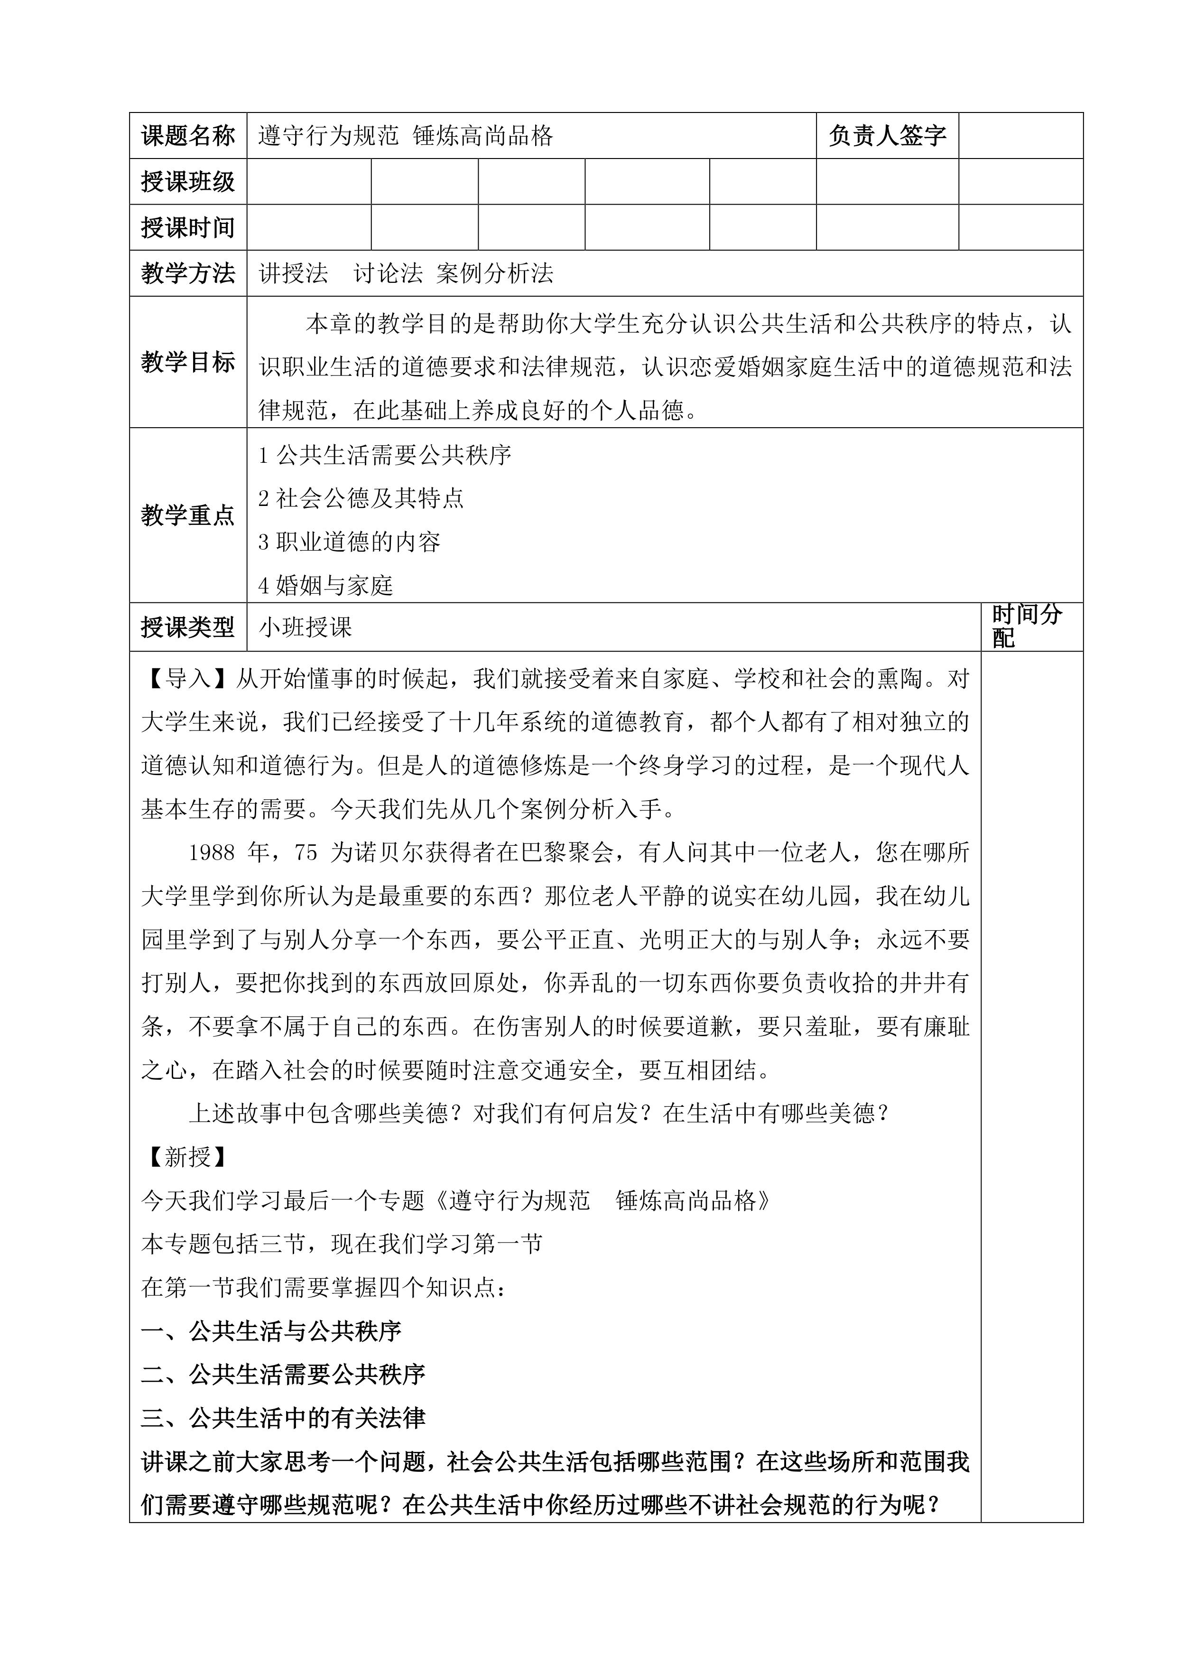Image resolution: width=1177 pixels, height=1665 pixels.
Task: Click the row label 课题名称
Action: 188,136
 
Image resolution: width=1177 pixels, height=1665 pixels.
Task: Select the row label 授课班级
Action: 188,181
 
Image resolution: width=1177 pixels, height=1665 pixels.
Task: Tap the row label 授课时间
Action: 188,228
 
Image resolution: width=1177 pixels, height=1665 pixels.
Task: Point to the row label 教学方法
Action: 188,273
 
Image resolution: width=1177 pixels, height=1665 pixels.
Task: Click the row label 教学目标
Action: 188,362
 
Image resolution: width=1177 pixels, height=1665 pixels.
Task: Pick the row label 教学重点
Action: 188,515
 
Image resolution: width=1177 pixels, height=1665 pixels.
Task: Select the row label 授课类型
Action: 188,627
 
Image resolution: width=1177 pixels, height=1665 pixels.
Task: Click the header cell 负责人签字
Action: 887,136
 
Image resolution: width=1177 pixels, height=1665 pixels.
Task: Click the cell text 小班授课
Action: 305,627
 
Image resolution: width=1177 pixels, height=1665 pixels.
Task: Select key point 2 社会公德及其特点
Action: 361,499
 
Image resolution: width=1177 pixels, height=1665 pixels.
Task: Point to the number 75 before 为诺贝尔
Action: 306,853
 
